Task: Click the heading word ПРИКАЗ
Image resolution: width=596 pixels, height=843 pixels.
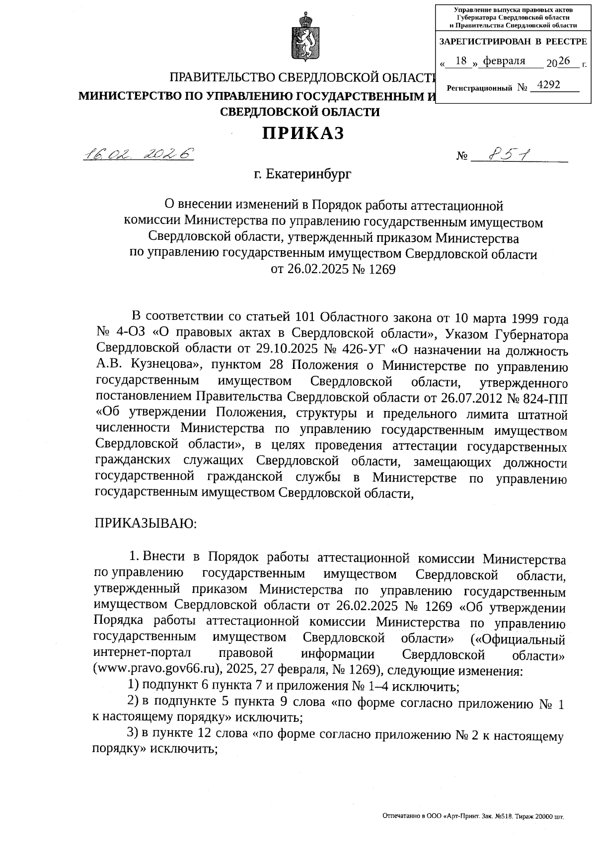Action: pos(303,133)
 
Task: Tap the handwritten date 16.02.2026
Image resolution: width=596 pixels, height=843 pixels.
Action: pos(139,154)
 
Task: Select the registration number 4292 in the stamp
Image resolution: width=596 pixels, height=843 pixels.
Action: pos(548,85)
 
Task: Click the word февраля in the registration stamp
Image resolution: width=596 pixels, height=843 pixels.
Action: pos(504,61)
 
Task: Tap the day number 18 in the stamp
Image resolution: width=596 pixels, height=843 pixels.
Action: pos(461,61)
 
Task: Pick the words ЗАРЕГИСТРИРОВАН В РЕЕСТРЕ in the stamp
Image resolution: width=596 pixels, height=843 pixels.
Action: pos(513,42)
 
